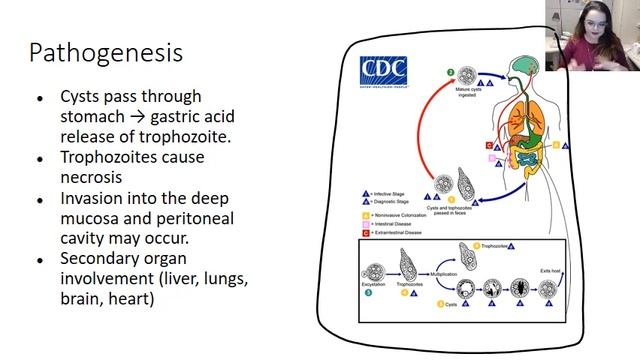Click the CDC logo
[x=384, y=70]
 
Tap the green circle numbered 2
[x=451, y=73]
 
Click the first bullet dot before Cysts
[x=39, y=98]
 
